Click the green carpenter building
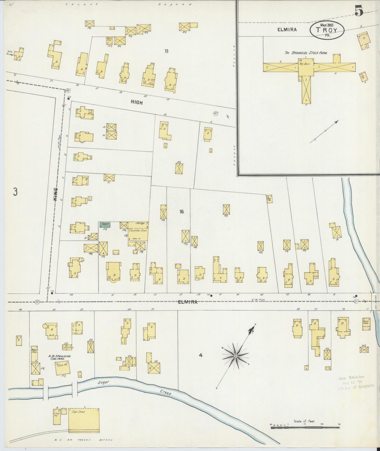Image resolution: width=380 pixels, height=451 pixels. click(x=105, y=224)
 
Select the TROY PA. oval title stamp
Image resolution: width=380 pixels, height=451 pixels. click(x=327, y=30)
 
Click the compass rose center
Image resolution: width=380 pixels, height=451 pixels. click(x=236, y=356)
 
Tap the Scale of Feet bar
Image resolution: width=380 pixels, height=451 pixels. click(x=305, y=427)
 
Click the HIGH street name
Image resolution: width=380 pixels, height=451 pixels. click(x=137, y=103)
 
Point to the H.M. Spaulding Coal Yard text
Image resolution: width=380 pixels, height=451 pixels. click(x=59, y=358)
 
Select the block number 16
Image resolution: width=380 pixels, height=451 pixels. click(x=181, y=212)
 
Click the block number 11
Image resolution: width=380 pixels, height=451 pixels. click(x=166, y=51)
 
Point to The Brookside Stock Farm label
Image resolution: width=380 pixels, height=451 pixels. click(x=306, y=53)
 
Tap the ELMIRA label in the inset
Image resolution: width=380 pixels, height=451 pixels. click(x=287, y=30)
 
